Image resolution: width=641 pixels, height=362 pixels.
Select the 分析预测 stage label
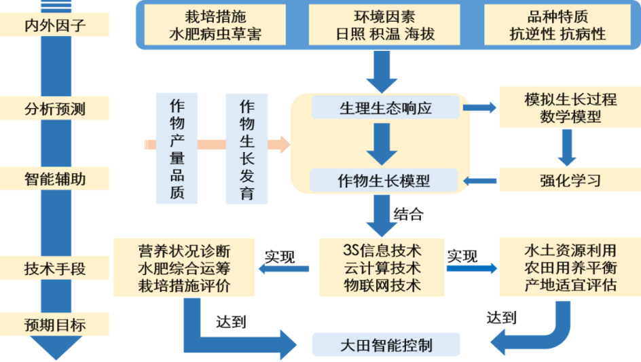point(54,107)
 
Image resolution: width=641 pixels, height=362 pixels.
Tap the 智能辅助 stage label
point(54,179)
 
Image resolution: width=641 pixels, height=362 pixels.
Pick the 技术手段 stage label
point(54,268)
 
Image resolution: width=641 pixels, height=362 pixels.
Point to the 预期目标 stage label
point(54,325)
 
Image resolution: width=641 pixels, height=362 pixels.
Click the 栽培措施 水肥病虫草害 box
point(214,25)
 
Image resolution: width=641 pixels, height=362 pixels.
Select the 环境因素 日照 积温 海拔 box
point(385,25)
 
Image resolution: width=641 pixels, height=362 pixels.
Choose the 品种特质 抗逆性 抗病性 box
point(557,25)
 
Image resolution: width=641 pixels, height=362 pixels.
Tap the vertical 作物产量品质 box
point(177,149)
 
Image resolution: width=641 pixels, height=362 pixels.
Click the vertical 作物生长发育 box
point(246,149)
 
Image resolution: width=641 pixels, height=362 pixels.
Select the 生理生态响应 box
point(385,107)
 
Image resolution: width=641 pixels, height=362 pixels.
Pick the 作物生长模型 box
point(384,180)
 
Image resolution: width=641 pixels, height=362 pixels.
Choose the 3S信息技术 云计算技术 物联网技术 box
point(382,267)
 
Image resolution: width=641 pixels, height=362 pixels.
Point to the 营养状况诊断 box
point(184,267)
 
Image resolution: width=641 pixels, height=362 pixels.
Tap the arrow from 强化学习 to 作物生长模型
point(480,181)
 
